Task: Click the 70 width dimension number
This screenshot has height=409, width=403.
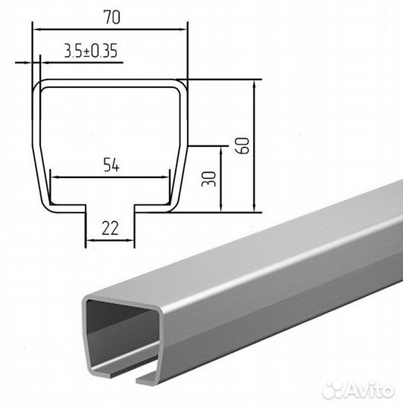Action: (x=112, y=17)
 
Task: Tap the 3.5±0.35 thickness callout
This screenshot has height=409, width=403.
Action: (x=91, y=51)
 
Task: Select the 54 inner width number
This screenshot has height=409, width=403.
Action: (x=111, y=164)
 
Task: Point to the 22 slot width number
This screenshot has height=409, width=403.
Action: (x=110, y=228)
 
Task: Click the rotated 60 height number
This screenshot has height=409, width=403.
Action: (x=242, y=145)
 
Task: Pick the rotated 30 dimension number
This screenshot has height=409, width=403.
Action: (x=209, y=179)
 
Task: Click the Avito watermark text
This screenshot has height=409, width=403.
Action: (x=370, y=390)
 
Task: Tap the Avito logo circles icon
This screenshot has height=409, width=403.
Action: (x=333, y=390)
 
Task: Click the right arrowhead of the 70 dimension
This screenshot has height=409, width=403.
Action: (x=183, y=30)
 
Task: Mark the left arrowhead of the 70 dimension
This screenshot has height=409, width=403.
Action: (x=37, y=30)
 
